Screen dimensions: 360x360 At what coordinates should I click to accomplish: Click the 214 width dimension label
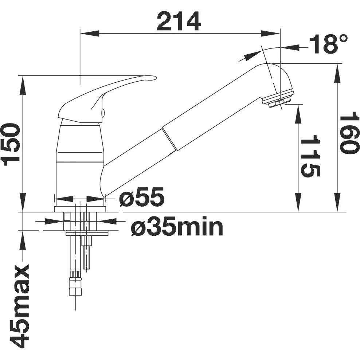179,21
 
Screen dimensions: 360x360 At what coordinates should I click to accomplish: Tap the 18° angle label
329,44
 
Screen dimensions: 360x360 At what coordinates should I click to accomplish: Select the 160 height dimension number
349,134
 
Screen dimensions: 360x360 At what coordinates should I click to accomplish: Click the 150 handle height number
11,144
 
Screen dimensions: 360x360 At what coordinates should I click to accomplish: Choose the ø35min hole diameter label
177,227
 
